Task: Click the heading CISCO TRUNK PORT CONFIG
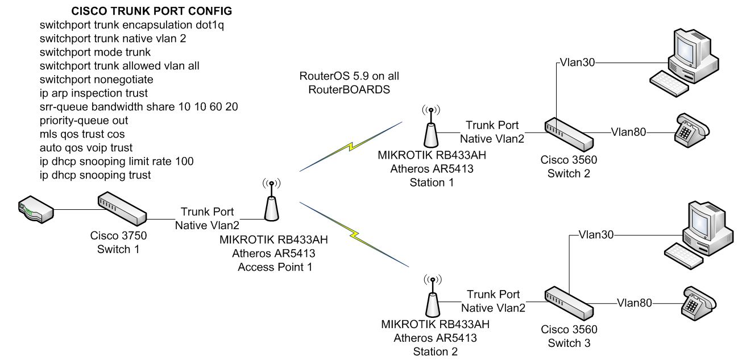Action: [x=152, y=11]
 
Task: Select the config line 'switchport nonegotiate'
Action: [x=97, y=80]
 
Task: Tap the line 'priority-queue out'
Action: [x=84, y=121]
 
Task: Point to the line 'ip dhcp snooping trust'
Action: [x=95, y=175]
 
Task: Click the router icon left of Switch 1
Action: [x=36, y=210]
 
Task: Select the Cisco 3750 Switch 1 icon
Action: [x=122, y=209]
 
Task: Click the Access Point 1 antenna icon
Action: [x=272, y=200]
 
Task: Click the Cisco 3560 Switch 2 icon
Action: [x=569, y=134]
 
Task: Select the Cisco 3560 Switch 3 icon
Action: [x=569, y=303]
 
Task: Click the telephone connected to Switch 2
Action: [x=692, y=130]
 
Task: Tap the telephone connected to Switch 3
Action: [x=698, y=303]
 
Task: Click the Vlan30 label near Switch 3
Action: [x=596, y=235]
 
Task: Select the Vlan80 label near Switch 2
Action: [x=628, y=132]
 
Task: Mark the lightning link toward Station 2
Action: [x=354, y=234]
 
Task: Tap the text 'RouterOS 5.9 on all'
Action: [x=349, y=76]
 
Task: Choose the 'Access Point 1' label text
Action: [x=275, y=267]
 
